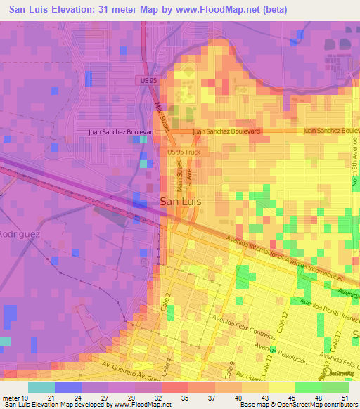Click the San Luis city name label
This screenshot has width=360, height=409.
[181, 201]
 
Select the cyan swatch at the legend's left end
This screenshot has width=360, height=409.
[41, 387]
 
